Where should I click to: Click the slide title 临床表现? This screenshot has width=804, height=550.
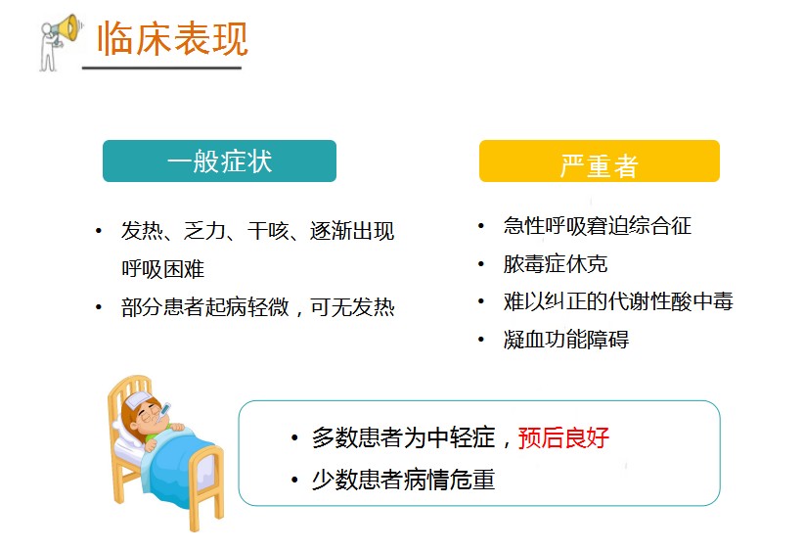172,37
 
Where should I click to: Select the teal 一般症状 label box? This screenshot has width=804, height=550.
219,161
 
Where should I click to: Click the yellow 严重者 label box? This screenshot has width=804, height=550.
599,161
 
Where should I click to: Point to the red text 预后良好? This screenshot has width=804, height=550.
563,437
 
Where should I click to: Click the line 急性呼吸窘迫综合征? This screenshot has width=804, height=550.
597,226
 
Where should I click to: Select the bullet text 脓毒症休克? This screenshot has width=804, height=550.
556,264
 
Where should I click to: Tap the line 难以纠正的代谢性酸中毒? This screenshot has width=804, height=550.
618,301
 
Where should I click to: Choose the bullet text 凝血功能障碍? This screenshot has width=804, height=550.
565,340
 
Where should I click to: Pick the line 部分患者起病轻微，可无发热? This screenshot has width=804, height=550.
258,307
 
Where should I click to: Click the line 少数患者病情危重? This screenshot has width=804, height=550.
403,481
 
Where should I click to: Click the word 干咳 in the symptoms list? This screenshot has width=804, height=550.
267,232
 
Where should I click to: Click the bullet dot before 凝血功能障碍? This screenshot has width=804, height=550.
481,340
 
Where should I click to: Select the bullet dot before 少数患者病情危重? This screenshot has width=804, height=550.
294,481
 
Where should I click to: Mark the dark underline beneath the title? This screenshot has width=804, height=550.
161,68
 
